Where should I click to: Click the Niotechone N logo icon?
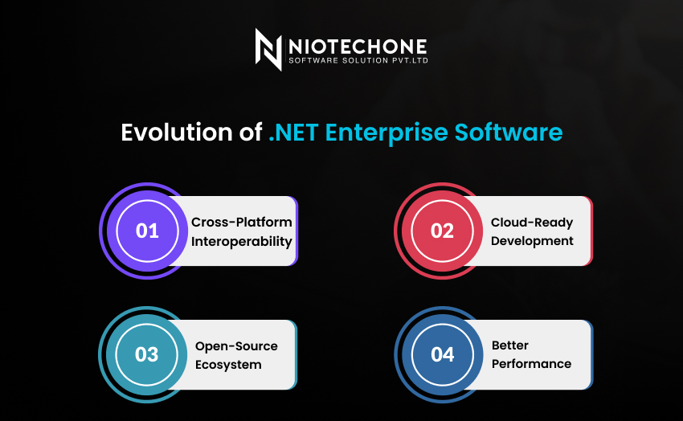(268, 50)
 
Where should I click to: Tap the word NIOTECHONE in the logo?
(358, 47)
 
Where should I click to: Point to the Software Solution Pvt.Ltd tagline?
(358, 60)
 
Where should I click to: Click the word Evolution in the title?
(177, 132)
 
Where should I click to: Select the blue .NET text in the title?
(293, 133)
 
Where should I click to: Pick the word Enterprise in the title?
(386, 133)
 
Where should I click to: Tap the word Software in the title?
(509, 132)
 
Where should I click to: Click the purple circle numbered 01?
(147, 231)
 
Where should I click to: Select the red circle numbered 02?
(442, 231)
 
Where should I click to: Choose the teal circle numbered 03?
(147, 354)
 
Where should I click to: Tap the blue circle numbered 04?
(442, 354)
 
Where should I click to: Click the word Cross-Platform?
(242, 222)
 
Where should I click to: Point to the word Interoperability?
(242, 242)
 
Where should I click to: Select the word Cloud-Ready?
(532, 223)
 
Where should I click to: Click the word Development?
(532, 241)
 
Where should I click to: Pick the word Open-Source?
(236, 346)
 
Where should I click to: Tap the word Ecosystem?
(228, 365)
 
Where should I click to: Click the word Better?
(510, 345)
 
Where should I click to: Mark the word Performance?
(531, 363)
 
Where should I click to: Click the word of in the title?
(251, 132)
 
